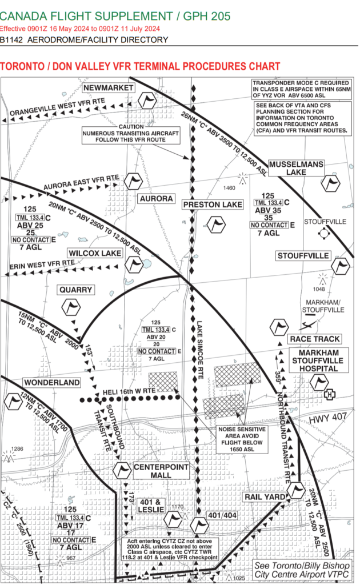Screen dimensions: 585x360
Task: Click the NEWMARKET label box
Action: pos(109,87)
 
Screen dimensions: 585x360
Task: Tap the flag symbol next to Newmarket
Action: pos(149,101)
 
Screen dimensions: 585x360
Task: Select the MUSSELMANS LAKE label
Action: pos(296,168)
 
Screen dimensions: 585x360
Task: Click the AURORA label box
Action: pos(155,198)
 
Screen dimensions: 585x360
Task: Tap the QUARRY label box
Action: pos(76,290)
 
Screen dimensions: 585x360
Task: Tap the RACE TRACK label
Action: pos(306,339)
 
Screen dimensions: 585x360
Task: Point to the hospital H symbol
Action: pos(329,395)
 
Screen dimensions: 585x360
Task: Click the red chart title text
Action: pos(140,67)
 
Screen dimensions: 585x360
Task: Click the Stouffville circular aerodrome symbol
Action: pos(324,233)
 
